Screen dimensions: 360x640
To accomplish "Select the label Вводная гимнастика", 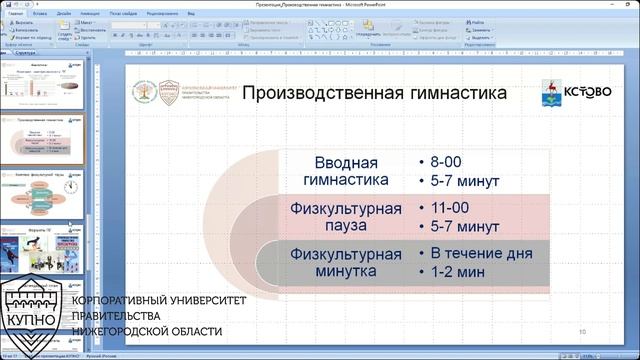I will pos(346,172).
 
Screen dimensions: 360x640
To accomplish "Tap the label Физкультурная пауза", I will pos(346,217).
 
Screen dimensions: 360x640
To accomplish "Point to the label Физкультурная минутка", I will pos(346,262).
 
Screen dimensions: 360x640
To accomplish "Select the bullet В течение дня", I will pos(481,253).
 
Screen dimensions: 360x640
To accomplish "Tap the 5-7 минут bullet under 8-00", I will pos(465,181).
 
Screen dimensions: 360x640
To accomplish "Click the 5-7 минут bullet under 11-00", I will pos(465,227).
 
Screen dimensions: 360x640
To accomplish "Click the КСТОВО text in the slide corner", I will pos(587,92).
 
